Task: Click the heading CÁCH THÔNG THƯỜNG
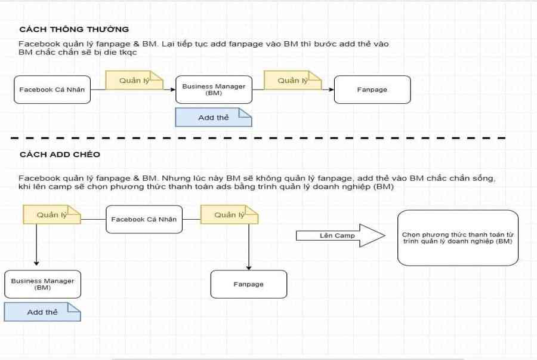click(x=74, y=29)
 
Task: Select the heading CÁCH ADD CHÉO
click(x=60, y=155)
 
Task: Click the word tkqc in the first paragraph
click(x=128, y=53)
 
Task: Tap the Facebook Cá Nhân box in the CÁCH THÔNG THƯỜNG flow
click(x=52, y=90)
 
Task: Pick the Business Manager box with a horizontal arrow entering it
click(x=214, y=90)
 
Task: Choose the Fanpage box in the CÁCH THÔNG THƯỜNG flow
click(x=372, y=90)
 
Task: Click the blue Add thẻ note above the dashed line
click(x=214, y=118)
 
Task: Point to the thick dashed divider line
click(x=258, y=138)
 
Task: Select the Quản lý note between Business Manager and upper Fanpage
click(x=292, y=80)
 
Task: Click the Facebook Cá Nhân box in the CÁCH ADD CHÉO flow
click(x=144, y=220)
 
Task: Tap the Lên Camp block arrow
click(x=341, y=236)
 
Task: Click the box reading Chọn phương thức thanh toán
click(x=458, y=238)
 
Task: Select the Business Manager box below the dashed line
click(x=43, y=284)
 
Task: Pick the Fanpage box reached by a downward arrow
click(x=249, y=284)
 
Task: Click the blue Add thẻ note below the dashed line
click(x=42, y=312)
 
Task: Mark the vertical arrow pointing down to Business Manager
click(x=36, y=245)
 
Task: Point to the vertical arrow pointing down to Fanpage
click(x=249, y=247)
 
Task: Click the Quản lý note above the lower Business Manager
click(x=52, y=215)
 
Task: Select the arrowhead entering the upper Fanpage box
click(x=331, y=90)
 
